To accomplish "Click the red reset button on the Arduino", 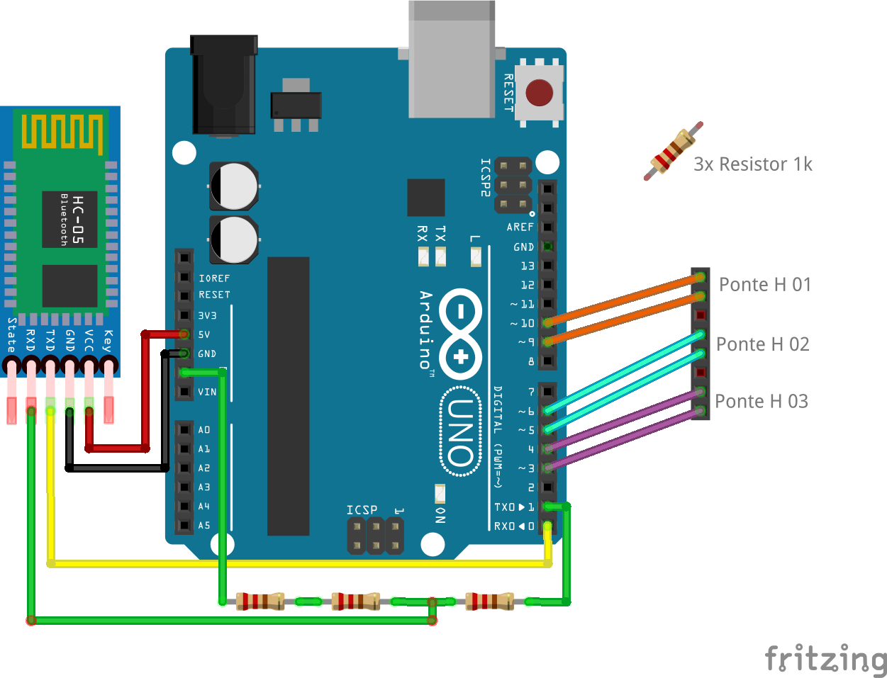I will click(x=540, y=93).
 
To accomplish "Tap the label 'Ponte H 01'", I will click(x=764, y=285).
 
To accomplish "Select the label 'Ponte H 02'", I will click(x=762, y=344).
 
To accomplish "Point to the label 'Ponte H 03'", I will click(x=761, y=402).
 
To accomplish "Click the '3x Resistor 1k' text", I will click(x=752, y=164).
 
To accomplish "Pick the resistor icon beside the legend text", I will click(x=673, y=151).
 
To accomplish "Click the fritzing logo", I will click(x=825, y=659).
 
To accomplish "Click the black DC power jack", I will click(x=223, y=85).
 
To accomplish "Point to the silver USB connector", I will click(x=452, y=60).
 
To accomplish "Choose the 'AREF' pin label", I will click(x=520, y=227).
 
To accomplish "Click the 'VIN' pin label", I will click(x=207, y=392).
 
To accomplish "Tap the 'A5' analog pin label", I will click(x=204, y=526).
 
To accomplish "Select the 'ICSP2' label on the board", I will click(x=485, y=177).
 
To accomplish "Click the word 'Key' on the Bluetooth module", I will click(x=108, y=341).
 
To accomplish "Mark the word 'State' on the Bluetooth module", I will click(x=11, y=335).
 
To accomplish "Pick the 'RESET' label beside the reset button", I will click(x=508, y=93).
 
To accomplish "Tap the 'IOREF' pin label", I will click(x=214, y=278).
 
